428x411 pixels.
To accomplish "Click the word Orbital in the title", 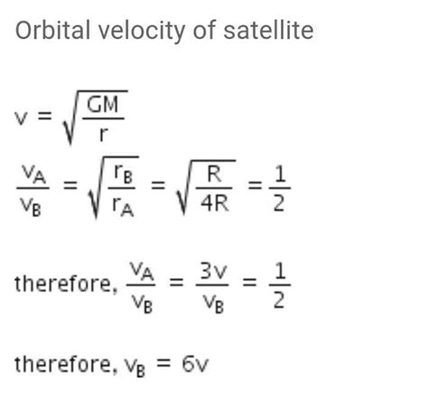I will point(47,32).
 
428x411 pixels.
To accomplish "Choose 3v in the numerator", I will point(212,269).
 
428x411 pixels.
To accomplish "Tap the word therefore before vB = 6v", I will point(61,367).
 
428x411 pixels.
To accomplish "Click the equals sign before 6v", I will point(166,367).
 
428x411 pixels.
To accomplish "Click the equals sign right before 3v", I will point(176,284).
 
